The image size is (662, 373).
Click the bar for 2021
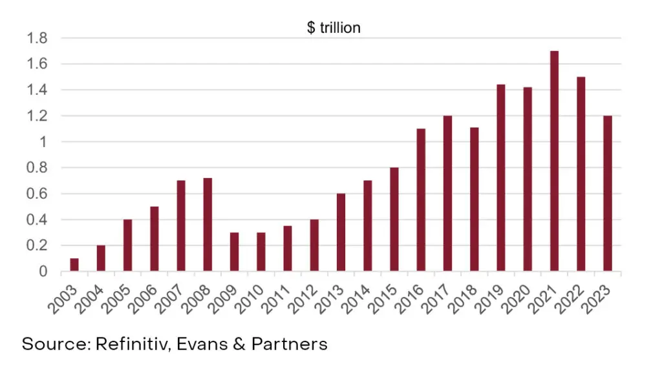[554, 161]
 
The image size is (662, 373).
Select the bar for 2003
[74, 265]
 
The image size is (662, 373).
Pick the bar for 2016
[421, 200]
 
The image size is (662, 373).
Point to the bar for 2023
[607, 194]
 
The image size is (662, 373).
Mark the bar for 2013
[341, 232]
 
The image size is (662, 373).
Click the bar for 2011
[288, 248]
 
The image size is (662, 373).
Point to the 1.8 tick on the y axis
[37, 38]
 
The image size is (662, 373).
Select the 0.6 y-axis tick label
[37, 194]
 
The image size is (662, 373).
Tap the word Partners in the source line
[293, 344]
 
